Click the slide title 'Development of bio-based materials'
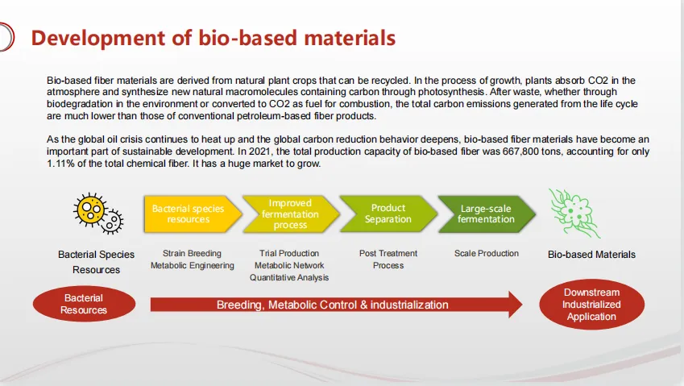pos(213,38)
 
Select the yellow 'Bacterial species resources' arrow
pos(193,214)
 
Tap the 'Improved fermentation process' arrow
pos(291,214)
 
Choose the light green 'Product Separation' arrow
pos(388,214)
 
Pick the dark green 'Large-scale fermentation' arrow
pos(487,214)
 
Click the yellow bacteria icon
pos(98,214)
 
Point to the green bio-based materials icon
pos(574,214)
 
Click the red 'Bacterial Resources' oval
pos(85,304)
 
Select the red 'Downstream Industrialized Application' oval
pos(591,305)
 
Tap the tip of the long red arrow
pos(522,305)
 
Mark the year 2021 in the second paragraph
pos(260,151)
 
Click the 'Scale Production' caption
pos(487,253)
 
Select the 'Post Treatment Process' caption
pos(388,259)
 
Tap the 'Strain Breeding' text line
pos(192,253)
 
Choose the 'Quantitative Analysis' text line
pos(289,277)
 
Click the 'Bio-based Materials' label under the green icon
pos(591,255)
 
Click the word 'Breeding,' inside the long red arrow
pos(240,305)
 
